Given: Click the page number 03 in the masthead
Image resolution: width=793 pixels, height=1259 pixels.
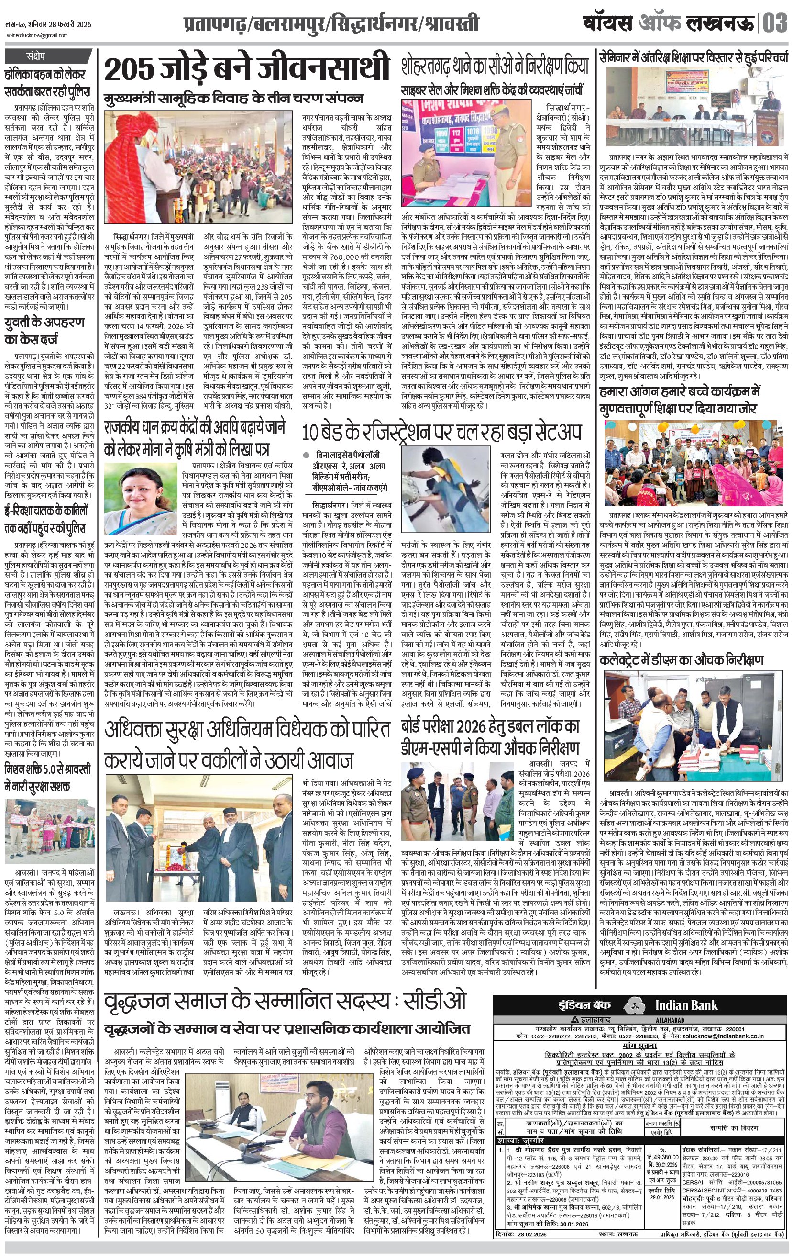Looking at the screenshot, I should pyautogui.click(x=775, y=24).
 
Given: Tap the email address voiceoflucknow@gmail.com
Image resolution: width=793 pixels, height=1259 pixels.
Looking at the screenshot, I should pyautogui.click(x=37, y=35).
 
